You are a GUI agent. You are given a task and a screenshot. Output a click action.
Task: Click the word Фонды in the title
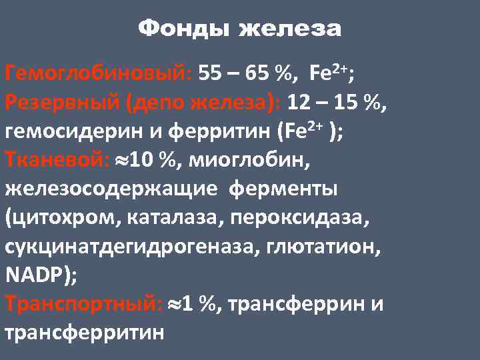click(x=185, y=29)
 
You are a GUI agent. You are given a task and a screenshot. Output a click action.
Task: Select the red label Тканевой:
click(x=51, y=160)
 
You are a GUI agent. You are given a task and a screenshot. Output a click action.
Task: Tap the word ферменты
click(x=283, y=189)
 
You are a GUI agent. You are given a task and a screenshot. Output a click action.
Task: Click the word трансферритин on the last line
click(x=84, y=331)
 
